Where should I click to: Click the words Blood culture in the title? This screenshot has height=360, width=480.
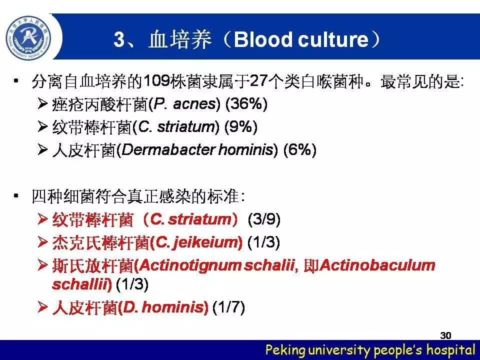[301, 39]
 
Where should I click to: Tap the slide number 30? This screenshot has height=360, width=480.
[445, 335]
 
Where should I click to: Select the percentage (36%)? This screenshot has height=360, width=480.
[246, 104]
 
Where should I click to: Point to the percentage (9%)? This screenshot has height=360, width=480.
[241, 126]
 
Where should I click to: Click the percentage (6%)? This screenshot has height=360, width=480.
[300, 149]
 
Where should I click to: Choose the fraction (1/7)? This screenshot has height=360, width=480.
[228, 307]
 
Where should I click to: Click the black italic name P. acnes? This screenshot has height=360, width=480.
[184, 104]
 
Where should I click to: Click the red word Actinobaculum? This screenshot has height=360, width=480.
[377, 265]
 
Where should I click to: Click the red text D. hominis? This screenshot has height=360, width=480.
[163, 307]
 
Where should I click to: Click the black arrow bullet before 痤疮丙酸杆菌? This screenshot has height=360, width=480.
[42, 104]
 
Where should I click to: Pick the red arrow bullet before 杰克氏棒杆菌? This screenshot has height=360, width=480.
[42, 242]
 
